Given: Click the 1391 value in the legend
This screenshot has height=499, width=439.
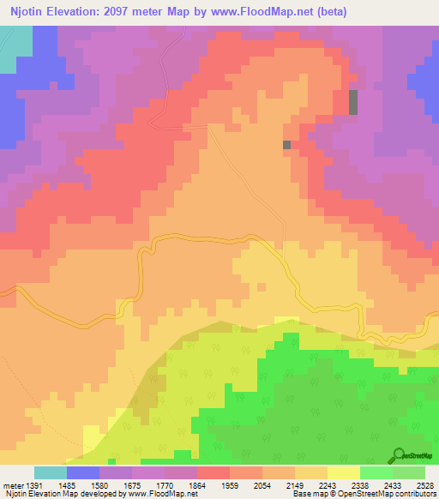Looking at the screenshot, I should click(33, 484).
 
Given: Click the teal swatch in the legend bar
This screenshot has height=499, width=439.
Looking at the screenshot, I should click(51, 472).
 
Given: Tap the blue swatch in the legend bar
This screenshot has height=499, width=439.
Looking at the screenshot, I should click(83, 472).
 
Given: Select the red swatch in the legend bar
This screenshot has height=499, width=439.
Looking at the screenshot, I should click(213, 472).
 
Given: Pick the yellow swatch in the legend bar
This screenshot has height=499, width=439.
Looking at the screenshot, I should click(344, 472).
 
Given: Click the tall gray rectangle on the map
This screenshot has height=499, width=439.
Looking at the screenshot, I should click(353, 102).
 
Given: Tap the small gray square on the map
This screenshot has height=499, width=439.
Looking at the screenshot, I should click(287, 145).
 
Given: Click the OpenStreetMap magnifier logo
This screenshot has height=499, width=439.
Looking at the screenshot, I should click(399, 455).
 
